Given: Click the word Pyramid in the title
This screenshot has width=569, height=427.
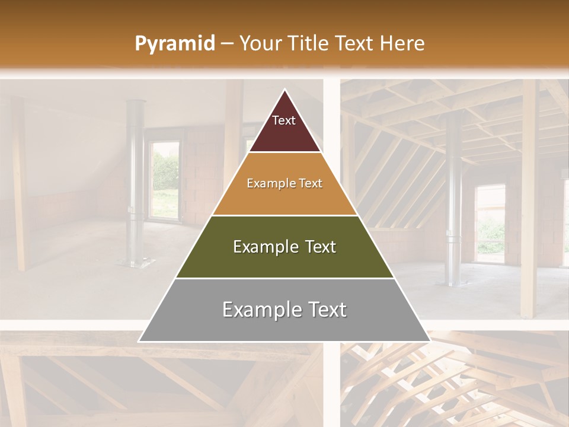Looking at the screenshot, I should coord(175,44).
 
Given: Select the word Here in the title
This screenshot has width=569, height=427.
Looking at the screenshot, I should coord(402,43).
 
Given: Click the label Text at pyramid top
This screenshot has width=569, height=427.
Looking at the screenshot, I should coord(284,120).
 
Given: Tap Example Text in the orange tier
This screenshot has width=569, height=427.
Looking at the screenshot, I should coord(284,183).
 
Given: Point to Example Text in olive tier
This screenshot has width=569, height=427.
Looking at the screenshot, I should coord(284,247).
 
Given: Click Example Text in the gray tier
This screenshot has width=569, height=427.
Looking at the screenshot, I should coord(284,310).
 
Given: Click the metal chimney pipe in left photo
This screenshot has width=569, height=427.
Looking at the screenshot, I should coord(136,178).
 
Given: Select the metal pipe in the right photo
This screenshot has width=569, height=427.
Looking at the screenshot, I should coord(454,196).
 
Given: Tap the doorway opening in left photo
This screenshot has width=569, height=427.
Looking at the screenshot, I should coord(165,178).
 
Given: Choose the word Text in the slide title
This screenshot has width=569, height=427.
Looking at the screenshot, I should coord(354,43).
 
